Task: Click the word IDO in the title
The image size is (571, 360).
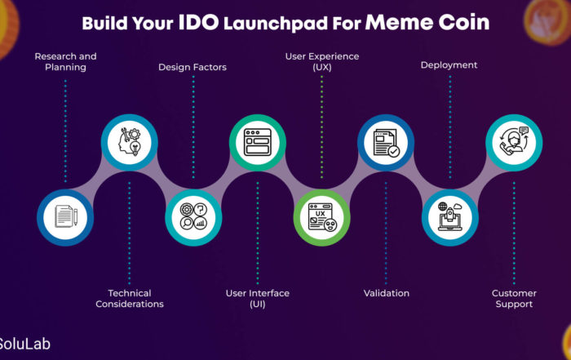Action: point(198,22)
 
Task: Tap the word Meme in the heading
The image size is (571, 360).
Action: point(399,22)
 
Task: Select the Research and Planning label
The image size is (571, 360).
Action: point(65,61)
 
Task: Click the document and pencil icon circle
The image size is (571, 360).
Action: point(65,217)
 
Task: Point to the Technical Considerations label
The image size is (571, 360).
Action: point(130,299)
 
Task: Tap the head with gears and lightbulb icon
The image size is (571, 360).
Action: point(130,142)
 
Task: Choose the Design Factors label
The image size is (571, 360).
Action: point(193,67)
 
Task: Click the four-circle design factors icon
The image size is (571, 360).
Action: point(193,217)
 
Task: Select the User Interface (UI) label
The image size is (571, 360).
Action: point(258,299)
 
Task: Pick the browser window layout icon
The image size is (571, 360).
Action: point(258,142)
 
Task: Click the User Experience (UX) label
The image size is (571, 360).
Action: point(322,61)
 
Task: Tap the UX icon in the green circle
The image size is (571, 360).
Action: point(322,217)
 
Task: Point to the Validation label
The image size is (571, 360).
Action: point(386,293)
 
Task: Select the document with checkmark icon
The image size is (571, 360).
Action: point(386,143)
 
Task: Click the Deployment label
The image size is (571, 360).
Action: point(449,65)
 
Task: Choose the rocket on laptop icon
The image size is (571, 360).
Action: point(450,216)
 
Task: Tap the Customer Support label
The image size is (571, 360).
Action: point(514,299)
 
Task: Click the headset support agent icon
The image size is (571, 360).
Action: point(514,141)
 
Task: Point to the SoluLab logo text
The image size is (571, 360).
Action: point(24,344)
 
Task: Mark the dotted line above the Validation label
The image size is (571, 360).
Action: point(386,233)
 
